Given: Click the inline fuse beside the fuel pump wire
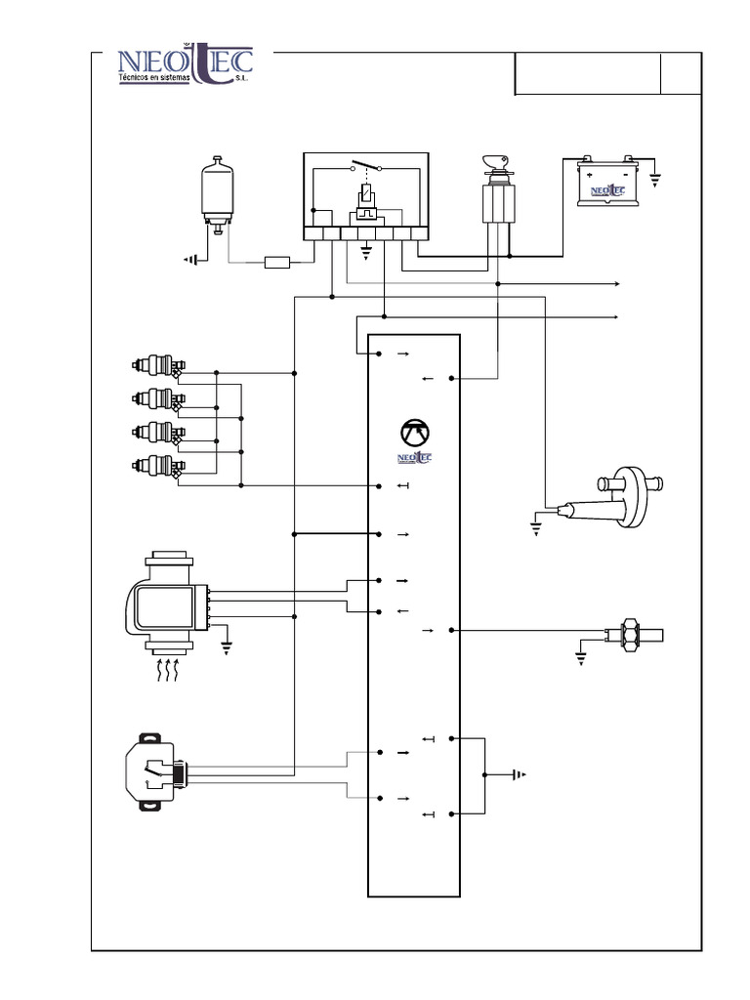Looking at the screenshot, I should tap(278, 262).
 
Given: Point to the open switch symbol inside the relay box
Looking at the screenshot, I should tap(365, 166).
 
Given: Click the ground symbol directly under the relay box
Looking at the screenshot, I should tap(366, 252).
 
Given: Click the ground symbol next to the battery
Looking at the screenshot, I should tap(654, 179).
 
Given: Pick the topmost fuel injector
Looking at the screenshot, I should tap(158, 367).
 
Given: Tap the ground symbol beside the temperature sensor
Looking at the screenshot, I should tap(582, 656).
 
